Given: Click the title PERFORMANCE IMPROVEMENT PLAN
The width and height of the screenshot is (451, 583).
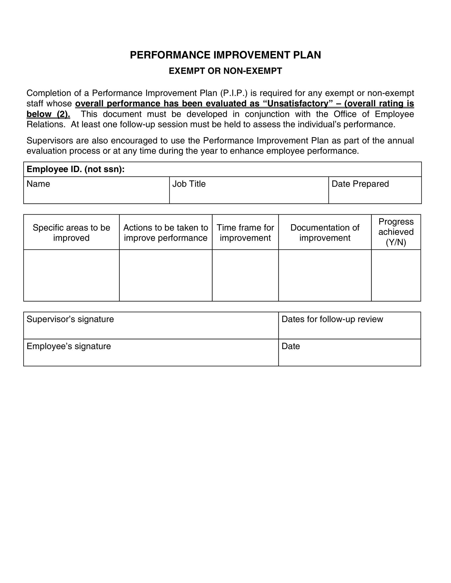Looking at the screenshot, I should tap(225, 55).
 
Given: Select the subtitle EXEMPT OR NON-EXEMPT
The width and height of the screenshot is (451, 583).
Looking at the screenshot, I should tap(225, 71).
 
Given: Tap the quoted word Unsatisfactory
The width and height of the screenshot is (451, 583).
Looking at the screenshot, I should tap(298, 103).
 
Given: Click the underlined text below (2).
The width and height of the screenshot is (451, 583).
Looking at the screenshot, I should tap(48, 114).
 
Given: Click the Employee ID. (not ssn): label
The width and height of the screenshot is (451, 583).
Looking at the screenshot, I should tap(76, 169).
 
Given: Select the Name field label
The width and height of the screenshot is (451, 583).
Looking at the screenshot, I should tap(38, 184).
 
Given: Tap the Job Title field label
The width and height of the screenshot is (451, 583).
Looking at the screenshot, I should tap(189, 184).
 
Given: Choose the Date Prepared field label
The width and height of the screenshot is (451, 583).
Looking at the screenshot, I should tap(360, 184).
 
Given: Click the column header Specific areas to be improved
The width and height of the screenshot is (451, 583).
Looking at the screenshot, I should tap(71, 233).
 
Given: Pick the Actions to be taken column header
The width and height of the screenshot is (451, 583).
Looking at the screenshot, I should tap(166, 233).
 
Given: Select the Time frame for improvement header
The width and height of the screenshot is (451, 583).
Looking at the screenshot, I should tap(245, 233).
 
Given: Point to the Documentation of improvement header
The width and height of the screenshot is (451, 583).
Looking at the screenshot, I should tap(325, 233).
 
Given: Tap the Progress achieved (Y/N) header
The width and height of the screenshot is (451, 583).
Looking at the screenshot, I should tap(396, 232).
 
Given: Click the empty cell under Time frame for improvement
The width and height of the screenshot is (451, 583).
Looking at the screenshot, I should tap(245, 275).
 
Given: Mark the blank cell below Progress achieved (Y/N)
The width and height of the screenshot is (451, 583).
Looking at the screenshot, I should tap(396, 275).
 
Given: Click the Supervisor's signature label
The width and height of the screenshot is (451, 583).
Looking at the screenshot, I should tap(70, 319).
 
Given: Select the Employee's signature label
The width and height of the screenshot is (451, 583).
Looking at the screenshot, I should tap(69, 346).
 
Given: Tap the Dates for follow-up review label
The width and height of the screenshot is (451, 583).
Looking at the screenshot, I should tap(332, 319).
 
